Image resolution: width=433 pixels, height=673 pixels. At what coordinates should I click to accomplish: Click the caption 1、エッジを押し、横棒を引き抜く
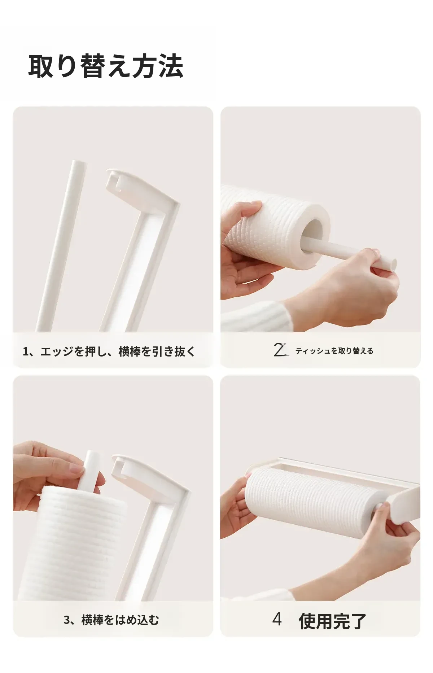(109, 351)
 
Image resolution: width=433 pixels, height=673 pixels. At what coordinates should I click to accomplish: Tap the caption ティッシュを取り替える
(334, 351)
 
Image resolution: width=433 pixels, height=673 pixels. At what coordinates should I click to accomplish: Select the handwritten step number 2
(280, 350)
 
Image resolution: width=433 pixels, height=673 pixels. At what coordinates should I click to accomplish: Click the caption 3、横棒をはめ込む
(111, 620)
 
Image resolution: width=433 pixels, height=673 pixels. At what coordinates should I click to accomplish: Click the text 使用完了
(332, 621)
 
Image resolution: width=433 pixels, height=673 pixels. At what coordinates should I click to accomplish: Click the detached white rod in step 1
(61, 245)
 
